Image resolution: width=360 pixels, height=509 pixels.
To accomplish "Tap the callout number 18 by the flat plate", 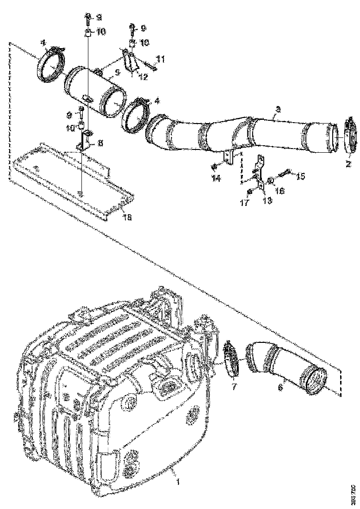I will point(127,217).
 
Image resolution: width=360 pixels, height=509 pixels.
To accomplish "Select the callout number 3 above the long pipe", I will point(277,109).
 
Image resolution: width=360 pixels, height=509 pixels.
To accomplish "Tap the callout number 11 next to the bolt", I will point(160,59).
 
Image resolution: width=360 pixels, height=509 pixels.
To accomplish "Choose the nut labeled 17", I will point(249,191).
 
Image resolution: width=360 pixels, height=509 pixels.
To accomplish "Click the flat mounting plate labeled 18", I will point(69,178).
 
